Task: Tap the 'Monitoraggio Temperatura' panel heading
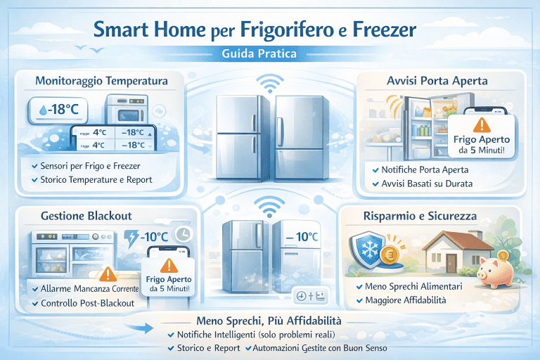pos(101,82)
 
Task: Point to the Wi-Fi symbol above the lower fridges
pos(270,206)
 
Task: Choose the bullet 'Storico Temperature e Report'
pos(96,180)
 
